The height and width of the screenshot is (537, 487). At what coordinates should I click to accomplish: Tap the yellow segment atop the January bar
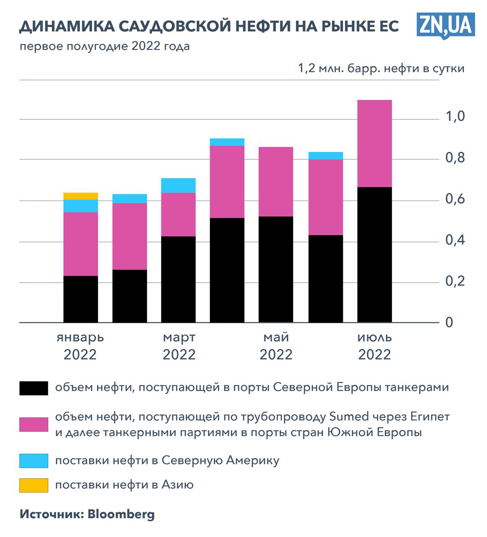80,196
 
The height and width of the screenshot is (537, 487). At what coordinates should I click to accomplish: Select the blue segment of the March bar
178,185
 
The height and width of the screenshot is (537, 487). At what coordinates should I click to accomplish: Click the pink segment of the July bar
374,143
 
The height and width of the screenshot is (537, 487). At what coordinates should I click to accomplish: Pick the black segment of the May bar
276,269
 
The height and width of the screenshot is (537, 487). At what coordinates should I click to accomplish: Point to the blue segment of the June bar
326,156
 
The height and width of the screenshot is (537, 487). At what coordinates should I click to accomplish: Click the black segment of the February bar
130,296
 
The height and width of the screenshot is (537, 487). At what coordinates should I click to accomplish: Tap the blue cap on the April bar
227,142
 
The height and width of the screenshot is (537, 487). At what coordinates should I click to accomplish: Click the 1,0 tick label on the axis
455,117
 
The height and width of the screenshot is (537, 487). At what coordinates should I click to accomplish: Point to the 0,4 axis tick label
455,240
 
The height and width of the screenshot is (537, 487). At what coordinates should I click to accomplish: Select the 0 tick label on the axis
449,322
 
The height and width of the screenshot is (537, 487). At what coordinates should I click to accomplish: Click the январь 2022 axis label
80,346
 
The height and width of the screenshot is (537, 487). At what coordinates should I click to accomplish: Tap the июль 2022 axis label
374,346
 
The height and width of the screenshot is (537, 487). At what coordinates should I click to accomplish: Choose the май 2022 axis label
276,346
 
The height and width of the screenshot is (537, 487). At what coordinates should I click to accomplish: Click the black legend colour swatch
34,388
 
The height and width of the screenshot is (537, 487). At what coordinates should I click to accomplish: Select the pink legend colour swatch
34,424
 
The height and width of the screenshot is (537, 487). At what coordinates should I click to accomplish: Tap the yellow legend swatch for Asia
34,485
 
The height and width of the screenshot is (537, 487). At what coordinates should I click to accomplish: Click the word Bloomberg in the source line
121,514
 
